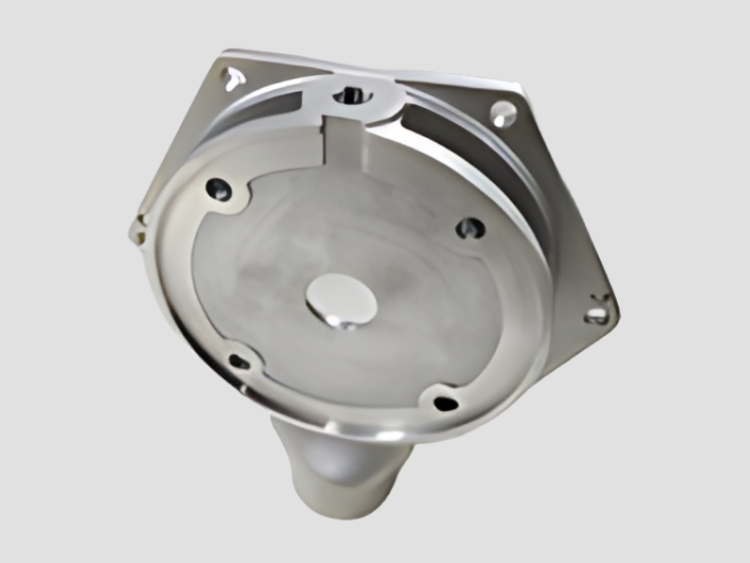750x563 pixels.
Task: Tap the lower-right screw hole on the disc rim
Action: (x=444, y=403)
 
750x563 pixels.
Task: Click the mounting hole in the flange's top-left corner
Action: (x=229, y=74)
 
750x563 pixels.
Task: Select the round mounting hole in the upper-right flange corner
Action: (x=503, y=114)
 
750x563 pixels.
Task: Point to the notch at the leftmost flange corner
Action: (x=138, y=222)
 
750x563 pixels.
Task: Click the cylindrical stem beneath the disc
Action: (x=342, y=479)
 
